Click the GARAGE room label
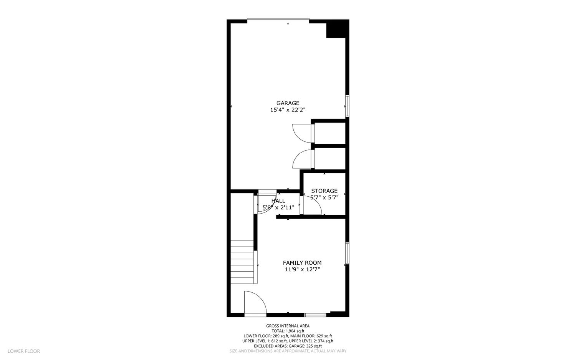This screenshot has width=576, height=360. tap(288, 103)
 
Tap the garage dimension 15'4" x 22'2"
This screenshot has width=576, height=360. tap(288, 110)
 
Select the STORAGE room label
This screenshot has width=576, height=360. tap(324, 191)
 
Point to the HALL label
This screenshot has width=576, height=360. tap(278, 201)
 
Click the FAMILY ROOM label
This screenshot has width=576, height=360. tap(302, 263)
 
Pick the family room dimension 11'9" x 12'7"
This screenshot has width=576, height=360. tap(302, 270)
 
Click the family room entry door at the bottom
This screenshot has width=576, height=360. tap(255, 304)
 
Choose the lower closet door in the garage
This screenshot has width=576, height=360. tap(303, 159)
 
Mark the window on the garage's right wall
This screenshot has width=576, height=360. tap(347, 106)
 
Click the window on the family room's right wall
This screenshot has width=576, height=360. tap(347, 253)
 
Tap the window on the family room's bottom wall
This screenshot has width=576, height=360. tap(315, 315)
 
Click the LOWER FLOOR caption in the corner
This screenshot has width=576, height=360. tap(24, 351)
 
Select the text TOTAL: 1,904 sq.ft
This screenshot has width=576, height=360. tap(288, 331)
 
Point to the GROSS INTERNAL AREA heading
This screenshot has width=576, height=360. tap(288, 326)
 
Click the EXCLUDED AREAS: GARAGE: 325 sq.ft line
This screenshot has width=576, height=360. tap(288, 346)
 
